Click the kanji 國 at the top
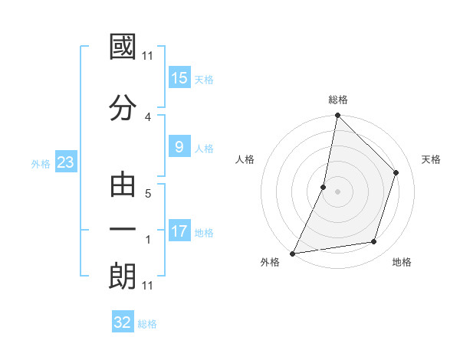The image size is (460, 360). tap(123, 47)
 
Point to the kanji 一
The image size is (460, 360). tap(123, 231)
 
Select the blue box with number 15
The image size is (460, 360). tap(179, 78)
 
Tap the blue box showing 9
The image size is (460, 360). tap(179, 147)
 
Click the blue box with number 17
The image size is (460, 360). tap(179, 231)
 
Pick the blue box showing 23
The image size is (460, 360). tap(65, 162)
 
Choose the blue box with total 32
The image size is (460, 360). tap(123, 322)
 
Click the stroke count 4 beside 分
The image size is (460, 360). tap(148, 116)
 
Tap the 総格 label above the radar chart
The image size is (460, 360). tap(338, 100)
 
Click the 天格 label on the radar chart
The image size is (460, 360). tap(432, 159)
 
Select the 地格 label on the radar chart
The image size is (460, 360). tap(402, 262)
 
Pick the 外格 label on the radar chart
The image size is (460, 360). tap(270, 262)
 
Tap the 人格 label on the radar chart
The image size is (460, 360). tap(245, 159)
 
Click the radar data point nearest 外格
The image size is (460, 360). tap(292, 253)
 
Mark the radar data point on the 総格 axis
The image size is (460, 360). tap(337, 116)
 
